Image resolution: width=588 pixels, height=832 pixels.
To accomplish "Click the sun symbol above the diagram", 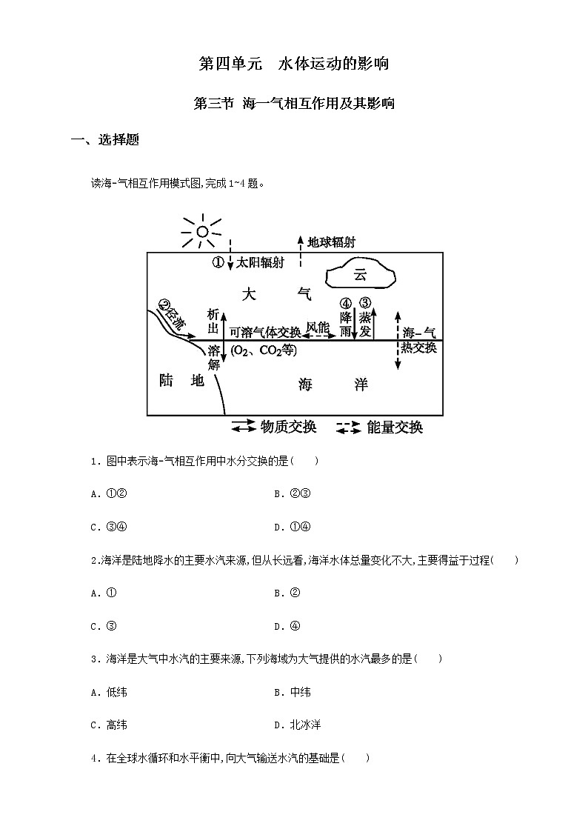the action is (201, 232).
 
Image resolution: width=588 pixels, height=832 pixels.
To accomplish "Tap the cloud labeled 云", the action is (361, 275).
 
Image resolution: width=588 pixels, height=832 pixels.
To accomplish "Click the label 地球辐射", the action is (331, 242).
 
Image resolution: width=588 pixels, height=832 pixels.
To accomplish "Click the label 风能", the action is (318, 326).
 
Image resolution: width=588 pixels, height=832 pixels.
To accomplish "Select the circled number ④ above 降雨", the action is (345, 303).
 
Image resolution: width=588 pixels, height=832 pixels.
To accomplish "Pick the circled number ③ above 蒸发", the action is (364, 302).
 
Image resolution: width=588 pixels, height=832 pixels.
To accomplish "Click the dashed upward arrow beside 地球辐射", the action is (300, 251).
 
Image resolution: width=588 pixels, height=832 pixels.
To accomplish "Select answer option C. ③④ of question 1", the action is (109, 527).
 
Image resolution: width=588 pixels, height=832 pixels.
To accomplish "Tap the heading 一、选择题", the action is (104, 141).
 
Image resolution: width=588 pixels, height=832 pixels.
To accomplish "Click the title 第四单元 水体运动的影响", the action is (294, 64).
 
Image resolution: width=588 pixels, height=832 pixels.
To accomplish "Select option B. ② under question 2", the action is (287, 593).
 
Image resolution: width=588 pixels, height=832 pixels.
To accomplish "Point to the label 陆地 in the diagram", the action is (181, 381).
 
